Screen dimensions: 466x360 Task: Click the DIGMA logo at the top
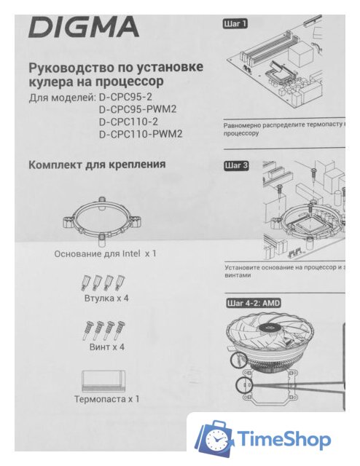tap(83, 28)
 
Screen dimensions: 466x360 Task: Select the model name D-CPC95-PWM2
tap(138, 110)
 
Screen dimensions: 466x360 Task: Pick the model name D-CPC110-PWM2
tap(140, 134)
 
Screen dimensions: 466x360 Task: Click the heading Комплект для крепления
tap(97, 165)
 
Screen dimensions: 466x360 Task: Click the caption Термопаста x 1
tap(106, 399)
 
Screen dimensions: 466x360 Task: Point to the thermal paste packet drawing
tap(105, 379)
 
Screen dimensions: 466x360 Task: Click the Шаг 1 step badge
tap(236, 23)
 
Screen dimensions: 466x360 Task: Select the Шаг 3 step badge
tap(236, 165)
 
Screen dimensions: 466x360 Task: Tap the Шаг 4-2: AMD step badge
tap(252, 301)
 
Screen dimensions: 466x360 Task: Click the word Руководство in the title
tap(69, 67)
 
